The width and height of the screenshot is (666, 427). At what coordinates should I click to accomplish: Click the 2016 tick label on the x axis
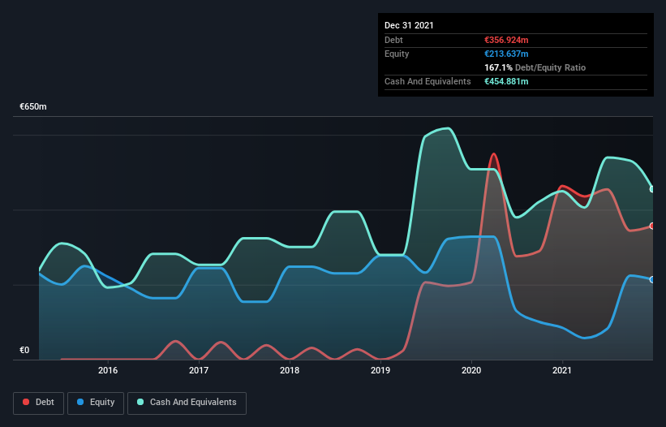point(107,370)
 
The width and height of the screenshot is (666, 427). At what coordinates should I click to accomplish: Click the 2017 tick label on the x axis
point(198,370)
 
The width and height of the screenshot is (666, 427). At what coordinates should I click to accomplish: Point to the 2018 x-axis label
point(289,370)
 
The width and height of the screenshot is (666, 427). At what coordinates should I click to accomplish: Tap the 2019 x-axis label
point(380,370)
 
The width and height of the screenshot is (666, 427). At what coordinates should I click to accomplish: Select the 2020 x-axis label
point(470,370)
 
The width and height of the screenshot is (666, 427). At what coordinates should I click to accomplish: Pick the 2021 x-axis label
point(561,370)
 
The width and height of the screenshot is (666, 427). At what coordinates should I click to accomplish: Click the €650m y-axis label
point(33,107)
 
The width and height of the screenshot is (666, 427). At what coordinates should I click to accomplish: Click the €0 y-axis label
point(24,351)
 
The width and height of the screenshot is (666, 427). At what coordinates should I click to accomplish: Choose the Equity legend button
point(96,403)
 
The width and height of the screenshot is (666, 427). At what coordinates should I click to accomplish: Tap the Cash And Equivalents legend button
point(187,403)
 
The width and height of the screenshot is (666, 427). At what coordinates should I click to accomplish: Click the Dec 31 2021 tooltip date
point(409,25)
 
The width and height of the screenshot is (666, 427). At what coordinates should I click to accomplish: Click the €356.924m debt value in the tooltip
point(506,40)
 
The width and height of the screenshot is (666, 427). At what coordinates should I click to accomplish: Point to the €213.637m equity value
point(505,54)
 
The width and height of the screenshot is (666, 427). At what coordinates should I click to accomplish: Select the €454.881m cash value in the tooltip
point(506,81)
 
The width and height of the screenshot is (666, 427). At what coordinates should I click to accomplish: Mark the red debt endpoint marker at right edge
point(651,226)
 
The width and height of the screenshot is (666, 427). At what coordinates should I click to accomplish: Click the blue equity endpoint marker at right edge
point(651,279)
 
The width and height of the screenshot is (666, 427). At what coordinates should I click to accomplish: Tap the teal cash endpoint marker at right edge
point(651,189)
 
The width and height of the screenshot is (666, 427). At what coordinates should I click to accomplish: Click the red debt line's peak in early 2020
point(493,153)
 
